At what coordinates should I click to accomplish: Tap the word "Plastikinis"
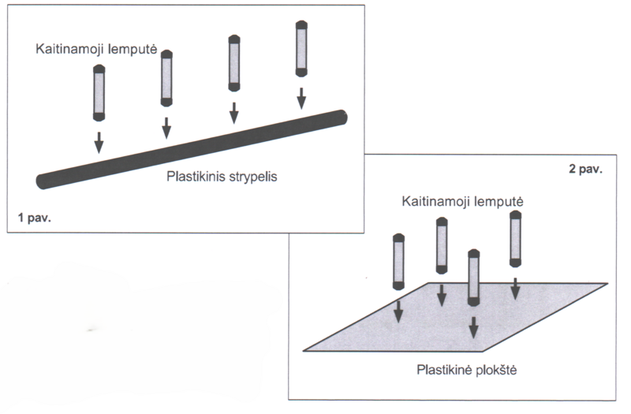pyautogui.click(x=195, y=177)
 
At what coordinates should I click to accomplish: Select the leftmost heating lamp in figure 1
pyautogui.click(x=99, y=93)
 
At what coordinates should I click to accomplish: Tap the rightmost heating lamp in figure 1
pyautogui.click(x=301, y=49)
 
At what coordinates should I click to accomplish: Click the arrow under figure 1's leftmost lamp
pyautogui.click(x=99, y=142)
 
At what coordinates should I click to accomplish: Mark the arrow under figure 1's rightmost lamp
pyautogui.click(x=301, y=98)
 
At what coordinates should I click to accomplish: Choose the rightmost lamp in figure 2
pyautogui.click(x=516, y=238)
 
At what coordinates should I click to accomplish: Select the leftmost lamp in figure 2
pyautogui.click(x=398, y=261)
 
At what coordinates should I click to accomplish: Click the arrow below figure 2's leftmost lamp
pyautogui.click(x=398, y=309)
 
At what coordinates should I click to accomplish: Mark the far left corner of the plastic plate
pyautogui.click(x=305, y=349)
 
